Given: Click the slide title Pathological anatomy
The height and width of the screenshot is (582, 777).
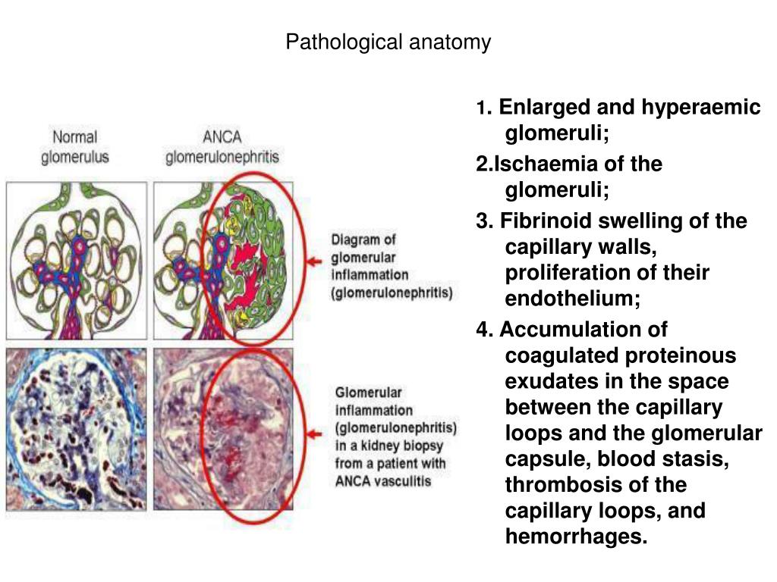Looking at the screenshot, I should click(388, 42).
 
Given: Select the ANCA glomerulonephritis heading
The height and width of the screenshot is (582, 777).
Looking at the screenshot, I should click(222, 148).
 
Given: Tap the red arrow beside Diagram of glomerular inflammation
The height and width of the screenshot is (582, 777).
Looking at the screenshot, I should click(313, 263).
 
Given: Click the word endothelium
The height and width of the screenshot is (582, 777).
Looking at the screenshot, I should click(573, 299).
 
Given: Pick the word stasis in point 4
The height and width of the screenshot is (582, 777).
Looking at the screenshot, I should click(700, 459).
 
